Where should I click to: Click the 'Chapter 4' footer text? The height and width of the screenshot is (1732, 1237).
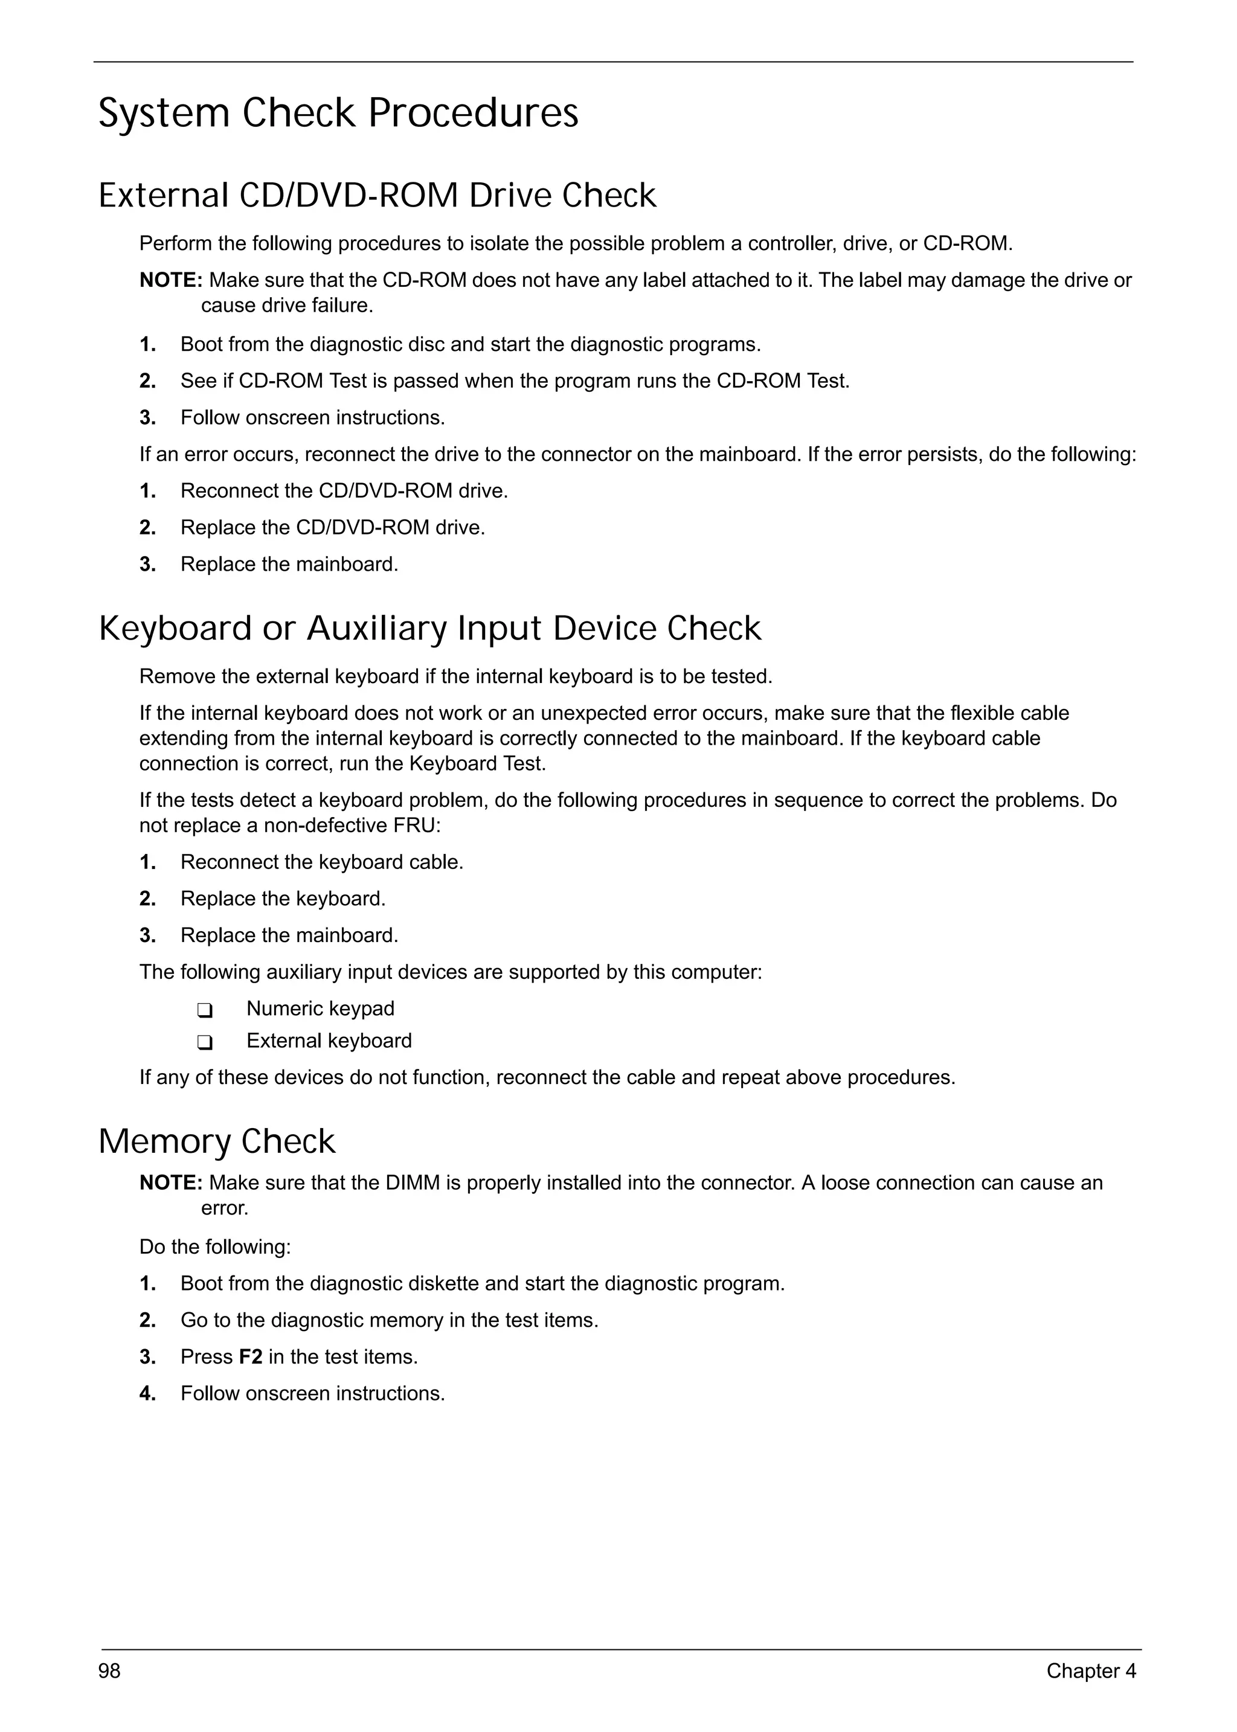[x=1090, y=1671]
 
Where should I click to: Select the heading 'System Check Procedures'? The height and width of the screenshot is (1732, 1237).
[x=338, y=114]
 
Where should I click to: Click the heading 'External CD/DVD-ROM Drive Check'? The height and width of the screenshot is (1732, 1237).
[x=377, y=196]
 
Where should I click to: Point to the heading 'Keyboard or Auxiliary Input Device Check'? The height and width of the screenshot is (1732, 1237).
[x=429, y=629]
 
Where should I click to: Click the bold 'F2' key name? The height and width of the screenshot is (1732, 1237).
[x=251, y=1356]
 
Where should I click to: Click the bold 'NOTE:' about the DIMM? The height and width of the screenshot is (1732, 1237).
[x=170, y=1183]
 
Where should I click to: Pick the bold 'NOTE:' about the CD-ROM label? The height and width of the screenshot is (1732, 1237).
[x=170, y=280]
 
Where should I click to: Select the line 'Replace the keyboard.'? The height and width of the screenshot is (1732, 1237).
[x=283, y=899]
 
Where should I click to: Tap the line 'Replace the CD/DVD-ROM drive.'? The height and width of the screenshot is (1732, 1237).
[x=332, y=527]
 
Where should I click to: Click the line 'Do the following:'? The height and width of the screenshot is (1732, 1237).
[x=215, y=1247]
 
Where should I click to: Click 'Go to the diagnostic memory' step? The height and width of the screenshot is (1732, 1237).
[x=388, y=1320]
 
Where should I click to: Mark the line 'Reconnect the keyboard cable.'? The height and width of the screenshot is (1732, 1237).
[x=321, y=862]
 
